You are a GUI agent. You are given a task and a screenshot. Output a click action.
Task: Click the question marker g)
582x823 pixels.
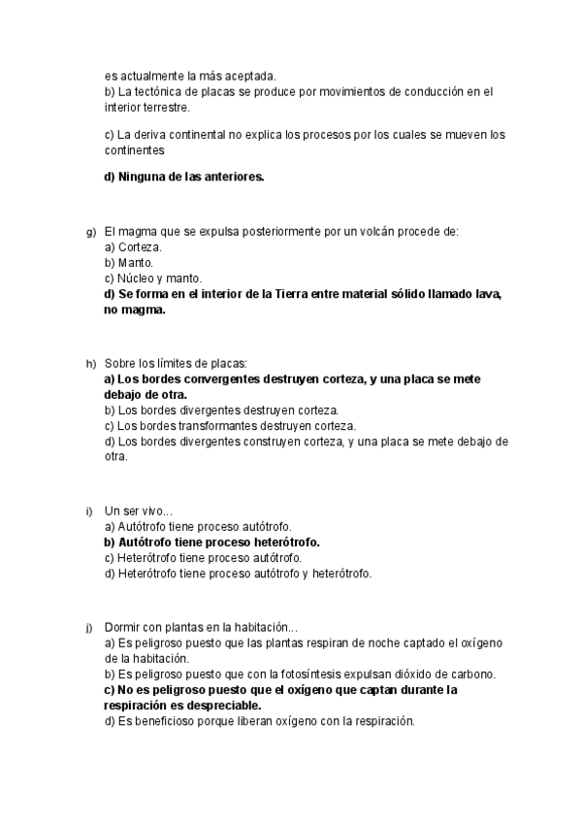coord(90,233)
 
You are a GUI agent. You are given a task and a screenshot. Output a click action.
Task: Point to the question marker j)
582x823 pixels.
coord(89,628)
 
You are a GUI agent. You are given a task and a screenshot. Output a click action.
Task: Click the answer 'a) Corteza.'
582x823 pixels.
coord(134,247)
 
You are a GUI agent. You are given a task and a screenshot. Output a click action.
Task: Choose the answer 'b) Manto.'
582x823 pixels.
coord(129,263)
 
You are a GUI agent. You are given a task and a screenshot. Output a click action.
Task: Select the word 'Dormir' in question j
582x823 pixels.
coord(121,628)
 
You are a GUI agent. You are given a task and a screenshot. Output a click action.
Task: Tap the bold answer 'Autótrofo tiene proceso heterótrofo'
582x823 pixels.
coord(211,543)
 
